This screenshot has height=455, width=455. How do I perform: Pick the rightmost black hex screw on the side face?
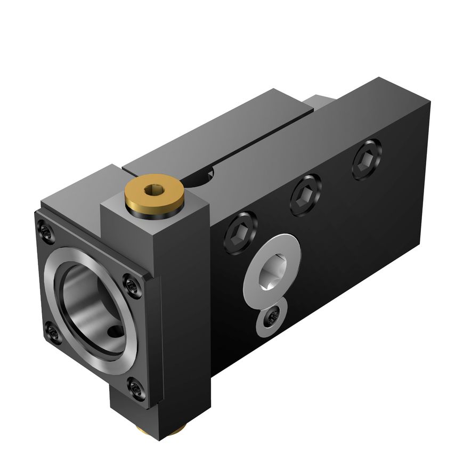coord(367,159)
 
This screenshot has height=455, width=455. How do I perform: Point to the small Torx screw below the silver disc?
coord(272,319)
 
